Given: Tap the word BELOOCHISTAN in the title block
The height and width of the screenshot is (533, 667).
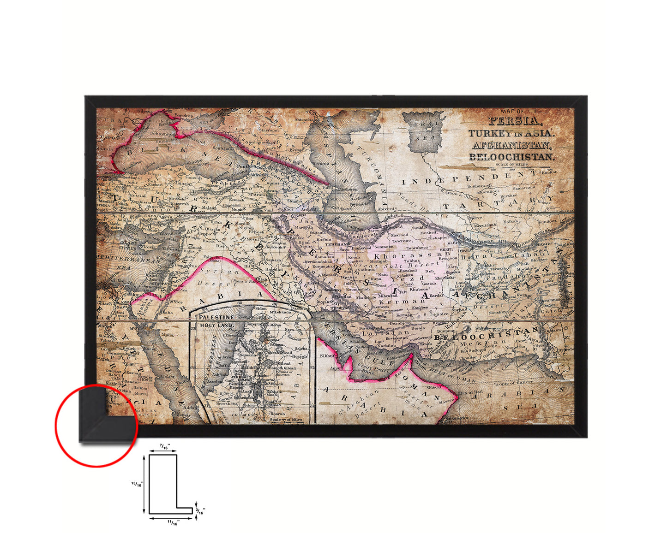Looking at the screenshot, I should point(511,157).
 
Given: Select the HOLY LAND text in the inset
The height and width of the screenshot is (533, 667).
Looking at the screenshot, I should point(216,325).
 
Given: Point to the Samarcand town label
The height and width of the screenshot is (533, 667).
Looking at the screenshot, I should point(523,188).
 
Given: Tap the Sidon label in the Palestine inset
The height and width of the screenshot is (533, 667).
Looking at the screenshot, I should point(260,308).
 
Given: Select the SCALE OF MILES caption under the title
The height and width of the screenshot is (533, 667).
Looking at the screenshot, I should point(511,164).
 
